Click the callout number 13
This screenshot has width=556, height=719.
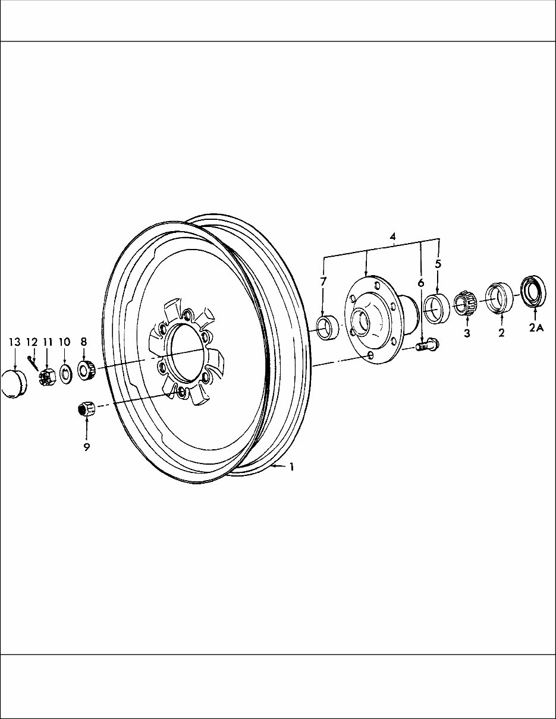tap(14, 342)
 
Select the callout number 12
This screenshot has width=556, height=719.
tap(32, 342)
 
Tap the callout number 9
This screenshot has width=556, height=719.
tap(87, 447)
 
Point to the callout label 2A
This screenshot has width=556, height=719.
tap(536, 332)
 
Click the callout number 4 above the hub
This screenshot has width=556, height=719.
tap(393, 236)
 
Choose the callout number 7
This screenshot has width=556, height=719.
tap(323, 281)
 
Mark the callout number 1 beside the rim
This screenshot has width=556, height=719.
tap(291, 467)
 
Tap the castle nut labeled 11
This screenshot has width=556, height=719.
tap(47, 377)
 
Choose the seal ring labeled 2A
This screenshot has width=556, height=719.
tap(534, 290)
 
